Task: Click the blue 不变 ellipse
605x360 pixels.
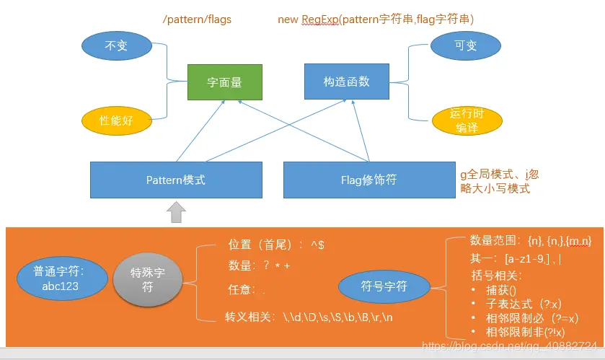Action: coord(117,45)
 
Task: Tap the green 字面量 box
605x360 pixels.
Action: coord(224,82)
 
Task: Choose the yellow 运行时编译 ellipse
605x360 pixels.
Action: coord(464,120)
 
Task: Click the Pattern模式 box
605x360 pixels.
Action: coord(175,180)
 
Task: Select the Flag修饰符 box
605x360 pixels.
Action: coord(368,180)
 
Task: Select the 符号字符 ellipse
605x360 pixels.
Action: coord(384,286)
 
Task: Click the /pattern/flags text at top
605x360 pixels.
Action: coord(197,19)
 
